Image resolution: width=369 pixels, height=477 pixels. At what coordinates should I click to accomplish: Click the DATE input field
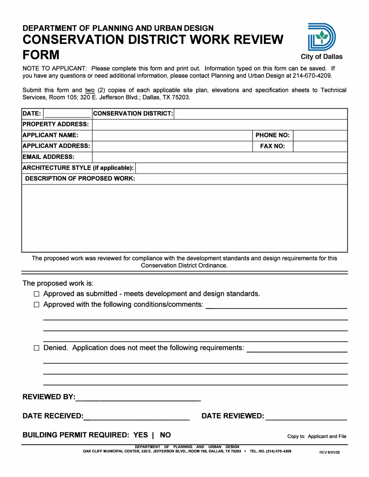tap(68, 114)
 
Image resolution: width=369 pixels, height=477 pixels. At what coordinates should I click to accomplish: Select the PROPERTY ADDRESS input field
tap(219, 124)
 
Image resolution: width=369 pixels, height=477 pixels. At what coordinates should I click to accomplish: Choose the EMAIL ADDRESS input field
tap(219, 157)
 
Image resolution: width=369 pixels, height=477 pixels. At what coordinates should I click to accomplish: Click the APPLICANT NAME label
tap(51, 135)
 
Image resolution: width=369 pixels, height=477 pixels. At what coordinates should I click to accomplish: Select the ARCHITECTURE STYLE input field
tap(241, 168)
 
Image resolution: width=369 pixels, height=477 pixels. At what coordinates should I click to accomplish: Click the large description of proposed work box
tap(184, 218)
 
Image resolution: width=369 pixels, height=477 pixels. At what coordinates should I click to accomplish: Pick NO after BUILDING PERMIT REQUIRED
tap(165, 435)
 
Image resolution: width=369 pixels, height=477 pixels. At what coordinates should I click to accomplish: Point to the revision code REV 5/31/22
tap(329, 452)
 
